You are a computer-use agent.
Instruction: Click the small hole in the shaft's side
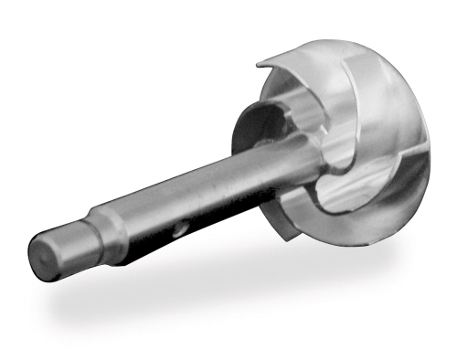181,226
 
